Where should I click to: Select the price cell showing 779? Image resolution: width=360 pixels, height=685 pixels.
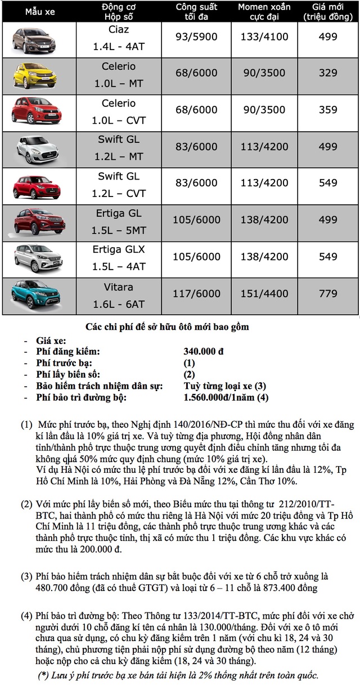click(x=328, y=293)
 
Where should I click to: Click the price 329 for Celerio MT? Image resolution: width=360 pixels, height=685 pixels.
click(x=328, y=73)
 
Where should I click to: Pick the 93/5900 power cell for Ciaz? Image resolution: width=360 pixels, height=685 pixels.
click(x=193, y=37)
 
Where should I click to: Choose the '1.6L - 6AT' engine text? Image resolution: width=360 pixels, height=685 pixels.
click(x=119, y=305)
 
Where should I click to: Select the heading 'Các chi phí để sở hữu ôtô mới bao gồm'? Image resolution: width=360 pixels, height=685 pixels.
click(x=166, y=327)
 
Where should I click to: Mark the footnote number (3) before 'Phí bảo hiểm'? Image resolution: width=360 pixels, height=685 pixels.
click(x=27, y=577)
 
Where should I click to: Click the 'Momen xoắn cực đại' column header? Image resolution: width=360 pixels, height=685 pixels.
click(x=263, y=12)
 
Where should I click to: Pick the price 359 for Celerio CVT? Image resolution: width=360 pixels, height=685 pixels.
click(x=328, y=110)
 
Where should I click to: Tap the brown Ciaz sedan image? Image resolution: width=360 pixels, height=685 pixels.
click(x=34, y=37)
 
